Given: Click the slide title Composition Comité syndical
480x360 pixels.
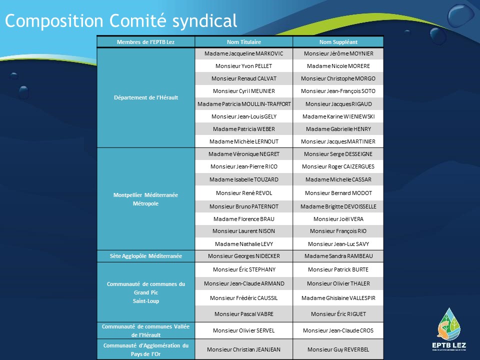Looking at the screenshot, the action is (x=121, y=21).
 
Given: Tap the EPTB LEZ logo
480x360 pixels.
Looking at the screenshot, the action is (x=449, y=329).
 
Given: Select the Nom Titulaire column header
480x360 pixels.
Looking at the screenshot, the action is (x=244, y=42).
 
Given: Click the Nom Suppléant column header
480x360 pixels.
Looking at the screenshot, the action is (x=338, y=42).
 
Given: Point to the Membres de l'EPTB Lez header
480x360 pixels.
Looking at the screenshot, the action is (x=145, y=42).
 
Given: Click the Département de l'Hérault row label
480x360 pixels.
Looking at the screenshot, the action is (x=146, y=97).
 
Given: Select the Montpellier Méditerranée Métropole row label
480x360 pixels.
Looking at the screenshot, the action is (x=145, y=199).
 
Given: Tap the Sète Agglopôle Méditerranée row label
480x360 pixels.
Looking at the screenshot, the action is (x=145, y=256).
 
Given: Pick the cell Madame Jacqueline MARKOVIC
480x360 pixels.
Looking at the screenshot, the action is (x=244, y=53).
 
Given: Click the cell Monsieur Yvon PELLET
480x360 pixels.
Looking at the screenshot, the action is (x=244, y=66).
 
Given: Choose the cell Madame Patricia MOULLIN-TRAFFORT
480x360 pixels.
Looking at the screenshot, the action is (x=244, y=104).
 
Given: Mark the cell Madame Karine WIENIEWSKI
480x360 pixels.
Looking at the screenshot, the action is (x=338, y=116).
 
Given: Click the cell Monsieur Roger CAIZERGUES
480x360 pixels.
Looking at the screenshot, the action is (x=338, y=166).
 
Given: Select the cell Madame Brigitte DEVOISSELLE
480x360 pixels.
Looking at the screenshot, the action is (x=338, y=206).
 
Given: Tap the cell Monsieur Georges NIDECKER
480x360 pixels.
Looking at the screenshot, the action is (x=244, y=256).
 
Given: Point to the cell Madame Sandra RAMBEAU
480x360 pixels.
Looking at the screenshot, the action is (x=338, y=256).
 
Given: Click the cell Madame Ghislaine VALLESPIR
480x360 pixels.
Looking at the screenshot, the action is (x=338, y=298).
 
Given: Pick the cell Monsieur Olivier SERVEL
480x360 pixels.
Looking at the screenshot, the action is (x=244, y=330).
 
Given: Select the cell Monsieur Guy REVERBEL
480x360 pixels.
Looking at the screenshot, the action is (x=338, y=349).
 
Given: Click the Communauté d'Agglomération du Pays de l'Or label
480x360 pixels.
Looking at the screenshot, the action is (x=145, y=349).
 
